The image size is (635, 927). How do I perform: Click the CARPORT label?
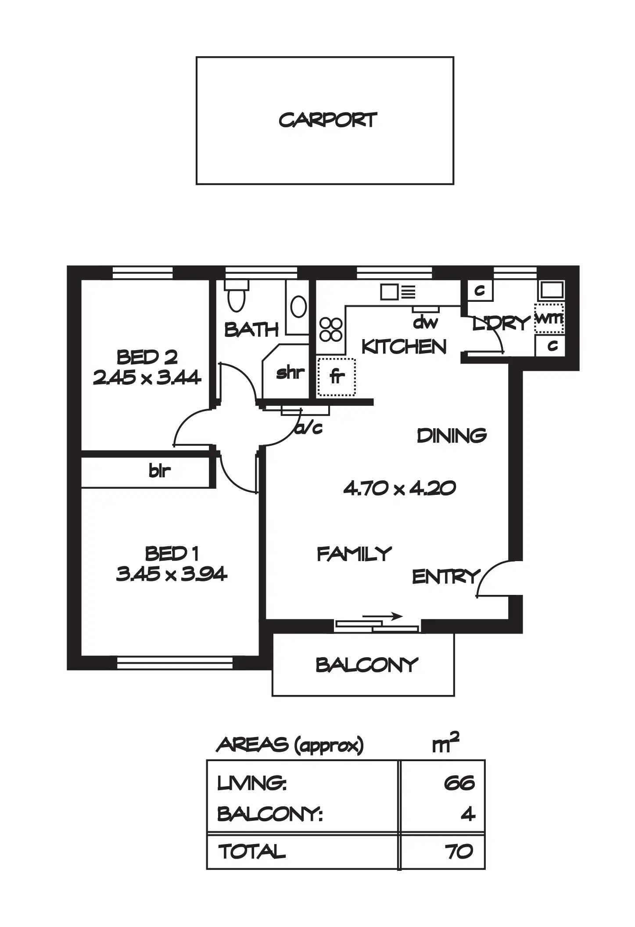pos(327,120)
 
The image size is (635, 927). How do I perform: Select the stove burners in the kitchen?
pos(331,329)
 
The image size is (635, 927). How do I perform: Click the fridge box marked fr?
pos(336,376)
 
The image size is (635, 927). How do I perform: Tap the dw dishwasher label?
pos(425,323)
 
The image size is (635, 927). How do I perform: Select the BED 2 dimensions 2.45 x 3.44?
pos(147,377)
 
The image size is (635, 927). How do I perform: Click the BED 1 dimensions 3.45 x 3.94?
pos(172,574)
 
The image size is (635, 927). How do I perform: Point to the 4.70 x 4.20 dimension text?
pos(399,488)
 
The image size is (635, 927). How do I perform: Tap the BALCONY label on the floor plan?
pos(366,666)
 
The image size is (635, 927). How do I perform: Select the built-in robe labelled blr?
pos(159,471)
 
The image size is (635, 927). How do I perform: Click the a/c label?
pos(309,428)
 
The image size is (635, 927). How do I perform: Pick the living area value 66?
pos(459,783)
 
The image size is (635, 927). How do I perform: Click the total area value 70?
pos(459,852)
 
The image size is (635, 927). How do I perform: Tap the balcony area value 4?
pos(468,814)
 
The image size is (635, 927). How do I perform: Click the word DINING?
pos(452,436)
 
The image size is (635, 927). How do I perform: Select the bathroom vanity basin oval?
pos(298,306)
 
